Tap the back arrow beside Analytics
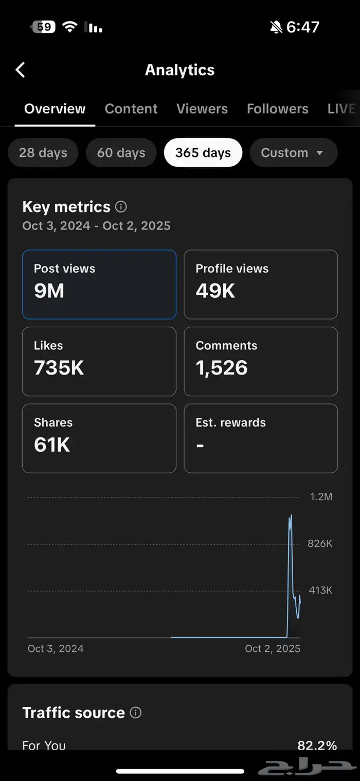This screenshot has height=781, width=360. click(x=21, y=70)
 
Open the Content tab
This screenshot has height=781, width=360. click(x=131, y=109)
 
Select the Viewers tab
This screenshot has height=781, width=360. click(x=202, y=109)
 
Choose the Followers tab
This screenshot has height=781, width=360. click(x=277, y=109)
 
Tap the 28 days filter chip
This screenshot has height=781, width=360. click(x=43, y=153)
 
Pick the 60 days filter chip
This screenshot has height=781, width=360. click(x=121, y=153)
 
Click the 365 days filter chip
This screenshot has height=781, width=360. click(x=203, y=153)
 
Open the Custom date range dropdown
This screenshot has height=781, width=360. click(x=293, y=153)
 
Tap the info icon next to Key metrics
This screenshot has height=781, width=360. click(x=121, y=207)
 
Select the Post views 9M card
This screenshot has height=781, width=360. click(x=99, y=284)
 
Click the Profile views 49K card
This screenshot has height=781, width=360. click(x=261, y=284)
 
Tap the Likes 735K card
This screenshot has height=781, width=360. click(x=99, y=361)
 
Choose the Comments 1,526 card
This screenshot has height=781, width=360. click(x=261, y=361)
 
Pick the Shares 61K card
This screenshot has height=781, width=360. click(x=99, y=438)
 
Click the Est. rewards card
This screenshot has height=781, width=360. click(x=261, y=438)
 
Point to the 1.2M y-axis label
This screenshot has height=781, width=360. click(x=321, y=497)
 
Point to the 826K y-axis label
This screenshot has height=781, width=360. click(x=320, y=544)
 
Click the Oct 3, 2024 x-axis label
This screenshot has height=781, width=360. click(x=56, y=649)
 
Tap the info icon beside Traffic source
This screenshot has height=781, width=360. click(x=135, y=713)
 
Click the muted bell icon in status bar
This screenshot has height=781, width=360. click(x=276, y=27)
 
